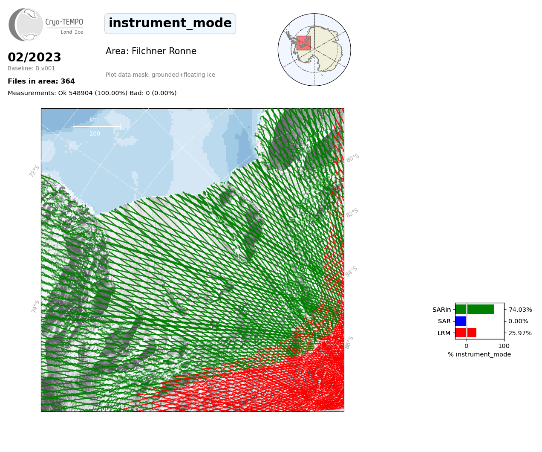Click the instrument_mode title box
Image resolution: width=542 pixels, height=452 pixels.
point(170,23)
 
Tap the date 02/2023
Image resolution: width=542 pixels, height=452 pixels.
point(34,57)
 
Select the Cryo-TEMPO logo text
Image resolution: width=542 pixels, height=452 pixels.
point(64,26)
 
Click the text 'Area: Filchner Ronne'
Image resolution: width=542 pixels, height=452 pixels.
point(151,51)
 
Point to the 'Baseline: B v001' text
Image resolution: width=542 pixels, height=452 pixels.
point(32,68)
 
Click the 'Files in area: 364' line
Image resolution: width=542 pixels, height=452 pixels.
point(41,81)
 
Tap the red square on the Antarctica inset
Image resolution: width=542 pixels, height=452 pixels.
point(303,43)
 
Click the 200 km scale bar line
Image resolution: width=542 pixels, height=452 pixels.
point(97,127)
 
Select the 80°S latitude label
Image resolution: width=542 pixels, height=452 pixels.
point(353,158)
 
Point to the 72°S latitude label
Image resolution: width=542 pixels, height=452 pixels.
point(34,171)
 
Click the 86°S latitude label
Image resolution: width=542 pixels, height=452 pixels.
point(349,342)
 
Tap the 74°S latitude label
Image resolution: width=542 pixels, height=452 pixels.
point(35,307)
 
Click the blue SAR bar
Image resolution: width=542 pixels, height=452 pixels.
point(461,321)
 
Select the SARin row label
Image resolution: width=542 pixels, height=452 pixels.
point(441,310)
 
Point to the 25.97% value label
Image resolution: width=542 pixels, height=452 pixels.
point(520,333)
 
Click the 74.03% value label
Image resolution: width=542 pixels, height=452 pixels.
point(520,310)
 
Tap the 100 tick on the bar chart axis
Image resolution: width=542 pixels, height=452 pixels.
point(504,346)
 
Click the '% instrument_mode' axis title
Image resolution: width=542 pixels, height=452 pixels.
point(479,355)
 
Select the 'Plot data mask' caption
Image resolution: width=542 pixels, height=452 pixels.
point(160,75)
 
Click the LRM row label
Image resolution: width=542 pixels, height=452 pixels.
point(444,333)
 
